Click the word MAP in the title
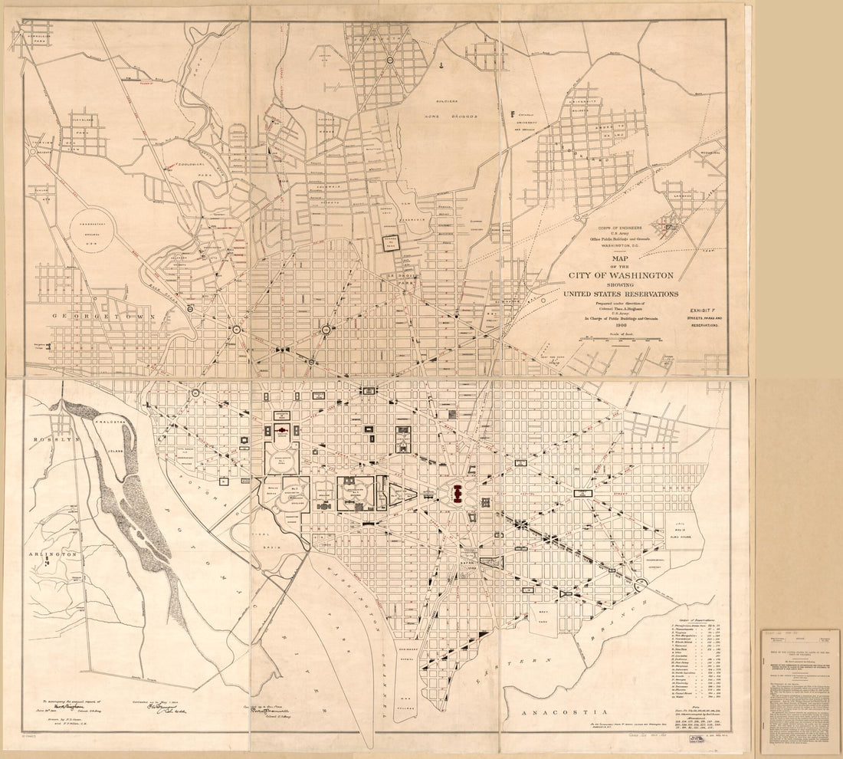point(621,258)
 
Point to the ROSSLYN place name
point(46,439)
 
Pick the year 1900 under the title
point(620,325)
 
